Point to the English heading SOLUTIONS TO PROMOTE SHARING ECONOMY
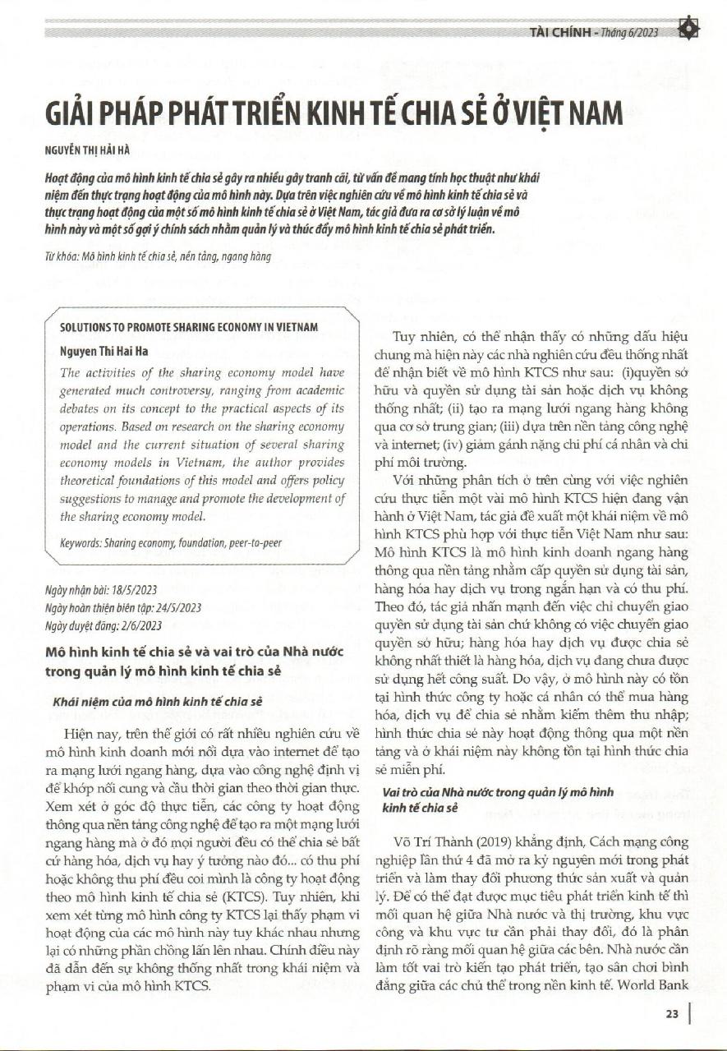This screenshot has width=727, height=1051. (189, 326)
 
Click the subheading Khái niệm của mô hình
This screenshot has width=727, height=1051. (157, 703)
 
